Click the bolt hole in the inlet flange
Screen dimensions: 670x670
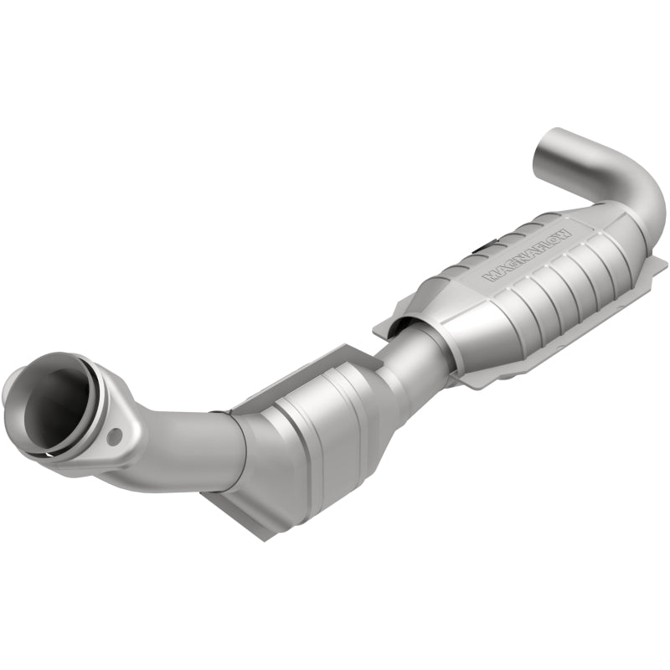pyautogui.click(x=115, y=435)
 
